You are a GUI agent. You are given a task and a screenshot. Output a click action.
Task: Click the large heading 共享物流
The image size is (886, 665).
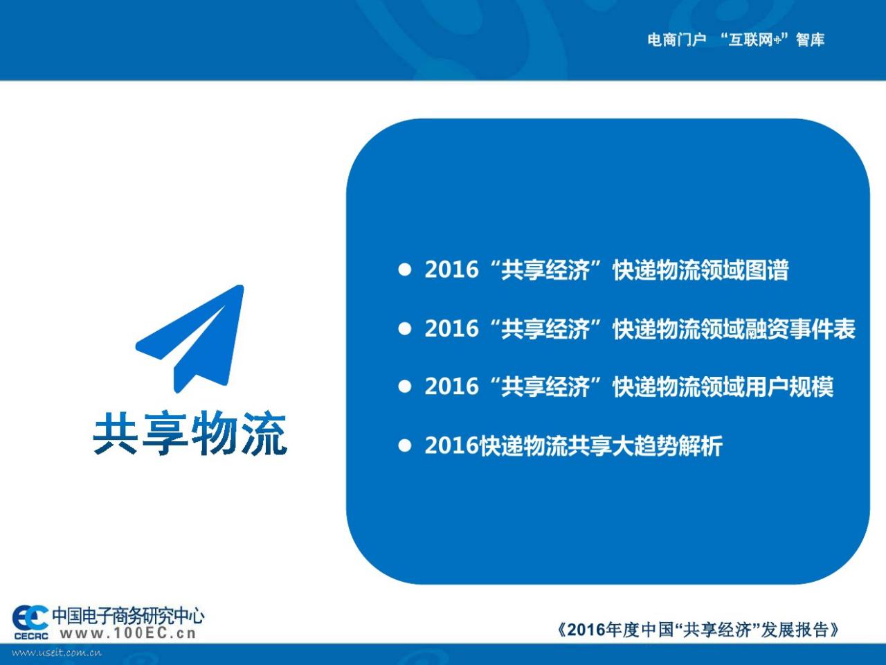coord(190,433)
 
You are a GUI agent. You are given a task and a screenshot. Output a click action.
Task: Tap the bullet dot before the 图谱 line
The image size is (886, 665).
coord(404,269)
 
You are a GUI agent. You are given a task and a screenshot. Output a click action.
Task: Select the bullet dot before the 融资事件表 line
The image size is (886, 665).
coord(404,328)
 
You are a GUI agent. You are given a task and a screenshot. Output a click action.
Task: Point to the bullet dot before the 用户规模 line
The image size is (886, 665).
coord(404,387)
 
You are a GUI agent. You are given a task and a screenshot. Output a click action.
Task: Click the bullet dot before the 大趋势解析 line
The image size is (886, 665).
coord(404,445)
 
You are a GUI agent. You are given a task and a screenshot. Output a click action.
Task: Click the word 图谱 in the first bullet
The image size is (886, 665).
coord(766,269)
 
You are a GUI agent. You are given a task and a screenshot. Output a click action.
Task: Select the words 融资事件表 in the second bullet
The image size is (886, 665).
coord(799,328)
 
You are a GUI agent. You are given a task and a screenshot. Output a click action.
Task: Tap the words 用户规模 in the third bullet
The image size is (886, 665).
coord(788,387)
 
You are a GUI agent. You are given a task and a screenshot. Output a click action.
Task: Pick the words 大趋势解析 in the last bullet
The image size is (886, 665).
coord(668,445)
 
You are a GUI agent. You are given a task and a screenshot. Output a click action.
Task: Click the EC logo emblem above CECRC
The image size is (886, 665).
coord(30,617)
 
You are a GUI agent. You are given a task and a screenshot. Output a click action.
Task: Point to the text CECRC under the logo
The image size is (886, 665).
coord(31,637)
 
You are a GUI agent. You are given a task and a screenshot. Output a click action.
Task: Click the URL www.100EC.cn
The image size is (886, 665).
coord(128,632)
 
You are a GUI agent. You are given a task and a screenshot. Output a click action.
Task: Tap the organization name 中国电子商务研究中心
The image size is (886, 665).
coord(128,615)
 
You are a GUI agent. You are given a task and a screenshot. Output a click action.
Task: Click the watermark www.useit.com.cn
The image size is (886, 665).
coord(57,653)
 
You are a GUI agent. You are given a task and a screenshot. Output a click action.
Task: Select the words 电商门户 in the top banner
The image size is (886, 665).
coord(677,39)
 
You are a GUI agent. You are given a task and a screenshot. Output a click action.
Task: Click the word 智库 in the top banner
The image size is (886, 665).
coord(811,39)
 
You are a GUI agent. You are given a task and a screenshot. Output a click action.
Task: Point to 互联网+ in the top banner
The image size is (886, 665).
coord(755,39)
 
